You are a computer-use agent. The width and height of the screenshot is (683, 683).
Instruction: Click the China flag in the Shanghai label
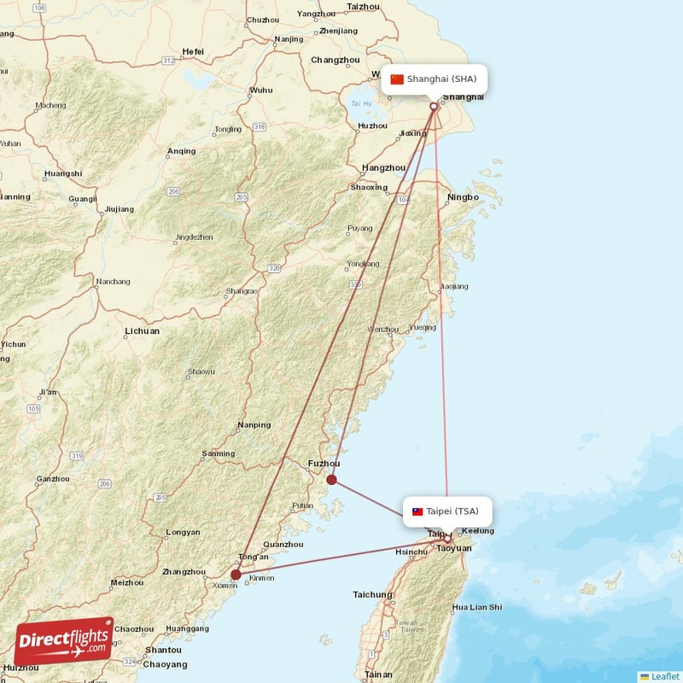point(397,79)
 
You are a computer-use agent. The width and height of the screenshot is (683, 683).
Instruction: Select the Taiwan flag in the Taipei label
point(417,512)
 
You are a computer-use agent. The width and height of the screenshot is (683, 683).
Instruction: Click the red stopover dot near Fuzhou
point(332,480)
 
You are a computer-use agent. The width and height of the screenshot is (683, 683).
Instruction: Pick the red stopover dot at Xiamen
point(236,575)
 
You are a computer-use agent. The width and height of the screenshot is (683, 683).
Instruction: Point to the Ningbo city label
point(463,198)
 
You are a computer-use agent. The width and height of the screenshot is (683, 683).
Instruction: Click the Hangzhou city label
point(383,168)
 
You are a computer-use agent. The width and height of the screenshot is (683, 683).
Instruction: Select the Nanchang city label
point(113,282)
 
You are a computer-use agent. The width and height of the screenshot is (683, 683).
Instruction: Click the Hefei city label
point(193,52)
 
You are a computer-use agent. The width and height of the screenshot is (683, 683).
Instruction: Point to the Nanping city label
point(254,425)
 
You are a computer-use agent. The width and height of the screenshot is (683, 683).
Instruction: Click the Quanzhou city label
point(283,545)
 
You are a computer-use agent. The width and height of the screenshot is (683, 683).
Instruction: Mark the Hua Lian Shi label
point(477,608)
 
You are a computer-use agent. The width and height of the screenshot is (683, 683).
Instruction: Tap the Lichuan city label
point(142,331)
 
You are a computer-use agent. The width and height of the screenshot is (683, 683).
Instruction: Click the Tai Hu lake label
point(361,104)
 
